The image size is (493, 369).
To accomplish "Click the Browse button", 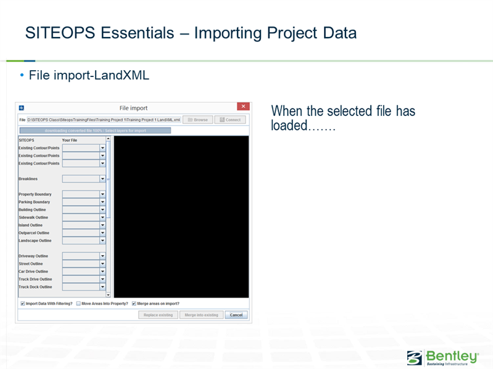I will pos(197,120).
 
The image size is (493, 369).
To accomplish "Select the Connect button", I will pos(230,120).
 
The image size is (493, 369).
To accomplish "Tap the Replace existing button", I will pos(158,315).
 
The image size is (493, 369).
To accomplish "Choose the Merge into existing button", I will pos(201,315).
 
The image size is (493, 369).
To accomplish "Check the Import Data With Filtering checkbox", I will pos(22,304).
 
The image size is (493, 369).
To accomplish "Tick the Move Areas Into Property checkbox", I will pos(78,304).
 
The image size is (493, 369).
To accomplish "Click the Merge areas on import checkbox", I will pos(134,304).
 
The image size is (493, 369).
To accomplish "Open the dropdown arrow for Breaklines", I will pos(102,179).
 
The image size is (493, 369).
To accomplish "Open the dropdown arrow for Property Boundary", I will pos(102,195).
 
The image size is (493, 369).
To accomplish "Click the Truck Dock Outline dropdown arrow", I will pos(102,287).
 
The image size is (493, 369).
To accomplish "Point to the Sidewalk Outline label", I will pos(33,217).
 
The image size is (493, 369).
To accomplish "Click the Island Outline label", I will pos(31,225).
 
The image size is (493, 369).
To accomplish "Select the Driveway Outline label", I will pos(33,256).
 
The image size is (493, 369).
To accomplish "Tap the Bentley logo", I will pos(442,357).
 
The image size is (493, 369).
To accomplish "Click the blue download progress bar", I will pos(95,131).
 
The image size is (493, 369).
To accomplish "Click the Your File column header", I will pos(70,140).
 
